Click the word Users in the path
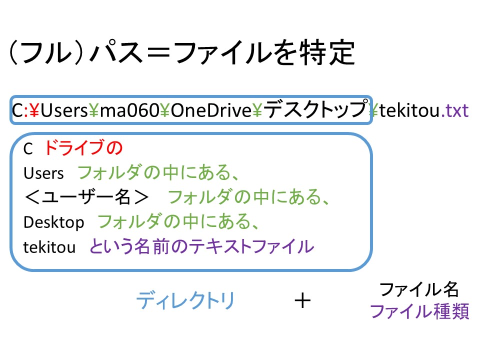tap(64, 110)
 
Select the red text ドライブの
tap(83, 148)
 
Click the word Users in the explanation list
tap(44, 173)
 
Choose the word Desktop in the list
tap(53, 222)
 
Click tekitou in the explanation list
tap(49, 247)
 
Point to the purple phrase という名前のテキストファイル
tap(201, 246)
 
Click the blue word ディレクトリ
tap(185, 301)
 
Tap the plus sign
tap(303, 301)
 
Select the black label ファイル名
tap(419, 289)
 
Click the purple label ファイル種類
tap(419, 312)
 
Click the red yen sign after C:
tap(34, 110)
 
